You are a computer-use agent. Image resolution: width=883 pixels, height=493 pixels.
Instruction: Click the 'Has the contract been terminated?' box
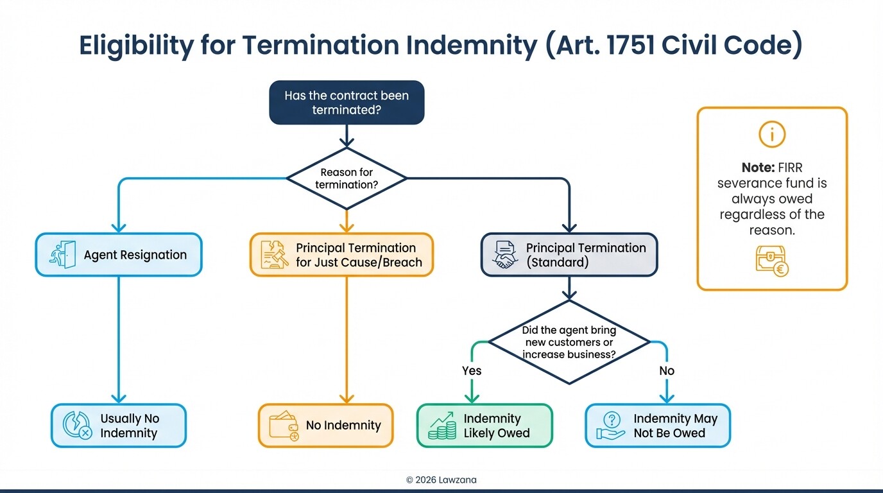point(347,103)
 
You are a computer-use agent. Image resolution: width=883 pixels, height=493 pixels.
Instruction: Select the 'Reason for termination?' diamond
point(347,178)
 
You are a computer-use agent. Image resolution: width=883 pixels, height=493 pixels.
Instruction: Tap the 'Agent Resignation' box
point(119,255)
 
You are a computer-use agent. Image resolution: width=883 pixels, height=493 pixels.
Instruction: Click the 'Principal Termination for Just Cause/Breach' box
point(341,255)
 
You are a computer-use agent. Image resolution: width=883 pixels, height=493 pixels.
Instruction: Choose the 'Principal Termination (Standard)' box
point(569,255)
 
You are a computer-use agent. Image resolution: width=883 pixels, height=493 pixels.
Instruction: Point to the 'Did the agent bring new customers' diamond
point(569,342)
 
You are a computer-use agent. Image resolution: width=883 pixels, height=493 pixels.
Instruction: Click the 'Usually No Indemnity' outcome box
point(119,426)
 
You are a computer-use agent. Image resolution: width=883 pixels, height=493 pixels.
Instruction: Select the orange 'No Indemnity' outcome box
point(325,426)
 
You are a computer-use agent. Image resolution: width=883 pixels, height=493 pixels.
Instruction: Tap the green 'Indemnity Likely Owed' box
point(484,426)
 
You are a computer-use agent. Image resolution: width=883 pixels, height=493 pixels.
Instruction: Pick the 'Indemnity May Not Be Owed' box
point(658,426)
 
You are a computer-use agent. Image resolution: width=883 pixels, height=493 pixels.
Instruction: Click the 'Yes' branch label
point(472,371)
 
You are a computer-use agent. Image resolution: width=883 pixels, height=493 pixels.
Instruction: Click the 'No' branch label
point(667,371)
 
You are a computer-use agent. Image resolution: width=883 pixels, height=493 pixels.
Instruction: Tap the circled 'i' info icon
point(772,134)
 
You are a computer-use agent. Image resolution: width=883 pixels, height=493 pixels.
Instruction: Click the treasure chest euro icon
point(772,262)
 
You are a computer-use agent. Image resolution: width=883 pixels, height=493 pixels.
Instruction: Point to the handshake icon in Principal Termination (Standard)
point(505,255)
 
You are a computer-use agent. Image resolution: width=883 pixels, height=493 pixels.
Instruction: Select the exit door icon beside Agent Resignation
point(62,255)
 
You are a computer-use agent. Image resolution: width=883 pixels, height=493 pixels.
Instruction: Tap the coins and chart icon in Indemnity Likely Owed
point(441,426)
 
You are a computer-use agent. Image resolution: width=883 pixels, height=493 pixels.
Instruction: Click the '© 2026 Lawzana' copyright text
point(441,480)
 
